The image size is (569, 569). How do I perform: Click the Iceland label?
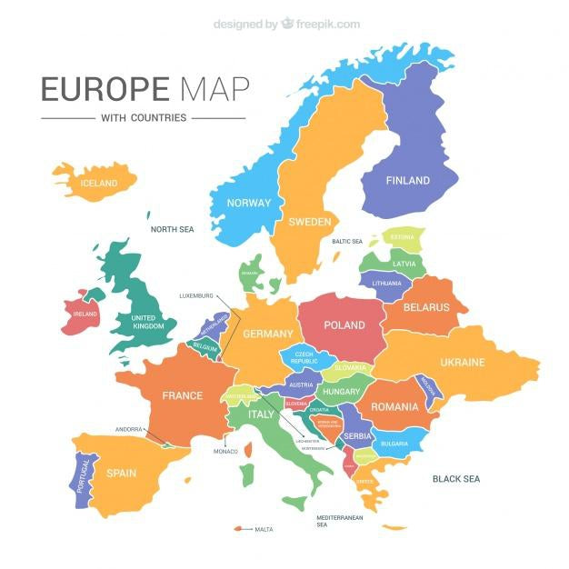[x=99, y=184]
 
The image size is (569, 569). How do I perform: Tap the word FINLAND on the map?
[x=407, y=181]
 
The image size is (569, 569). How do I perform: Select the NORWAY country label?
[x=249, y=203]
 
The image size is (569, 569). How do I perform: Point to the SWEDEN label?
[x=309, y=222]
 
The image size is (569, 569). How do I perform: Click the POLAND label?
[x=344, y=325]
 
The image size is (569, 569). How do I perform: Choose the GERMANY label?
[x=268, y=334]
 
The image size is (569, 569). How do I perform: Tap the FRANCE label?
[x=182, y=396]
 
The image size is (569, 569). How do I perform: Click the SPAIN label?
[x=121, y=474]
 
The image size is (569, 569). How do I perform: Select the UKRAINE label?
[x=463, y=363]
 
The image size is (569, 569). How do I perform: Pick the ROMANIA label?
[x=394, y=406]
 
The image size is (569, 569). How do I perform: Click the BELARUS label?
[x=426, y=307]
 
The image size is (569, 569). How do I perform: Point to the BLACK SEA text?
[x=456, y=479]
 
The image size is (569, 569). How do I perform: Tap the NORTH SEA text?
[x=173, y=230]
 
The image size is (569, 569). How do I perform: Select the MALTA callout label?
[x=264, y=529]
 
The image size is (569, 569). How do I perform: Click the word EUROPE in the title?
[x=105, y=89]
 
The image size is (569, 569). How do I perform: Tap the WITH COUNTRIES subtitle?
[x=144, y=117]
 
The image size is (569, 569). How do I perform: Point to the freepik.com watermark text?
[x=327, y=25]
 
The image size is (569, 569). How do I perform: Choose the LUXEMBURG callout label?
[x=195, y=295]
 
